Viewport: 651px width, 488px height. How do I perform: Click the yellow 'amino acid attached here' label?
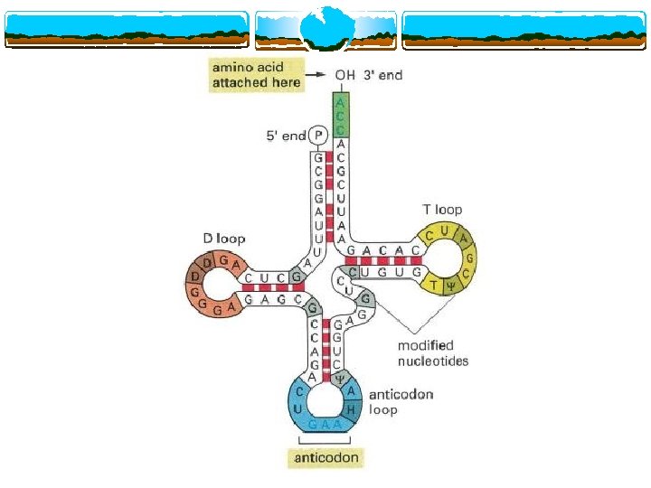point(255,75)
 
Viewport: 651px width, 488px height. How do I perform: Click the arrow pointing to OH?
point(317,75)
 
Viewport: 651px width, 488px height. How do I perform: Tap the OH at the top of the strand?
point(344,75)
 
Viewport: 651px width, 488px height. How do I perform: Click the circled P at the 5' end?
point(317,136)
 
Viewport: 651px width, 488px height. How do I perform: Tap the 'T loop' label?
point(442,210)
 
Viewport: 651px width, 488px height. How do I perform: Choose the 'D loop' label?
point(223,239)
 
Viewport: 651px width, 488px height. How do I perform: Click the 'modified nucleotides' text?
point(434,352)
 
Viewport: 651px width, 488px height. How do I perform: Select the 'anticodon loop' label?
point(400,400)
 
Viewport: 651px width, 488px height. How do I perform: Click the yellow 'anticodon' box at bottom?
point(326,458)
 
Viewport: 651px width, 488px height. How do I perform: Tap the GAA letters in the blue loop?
point(325,424)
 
